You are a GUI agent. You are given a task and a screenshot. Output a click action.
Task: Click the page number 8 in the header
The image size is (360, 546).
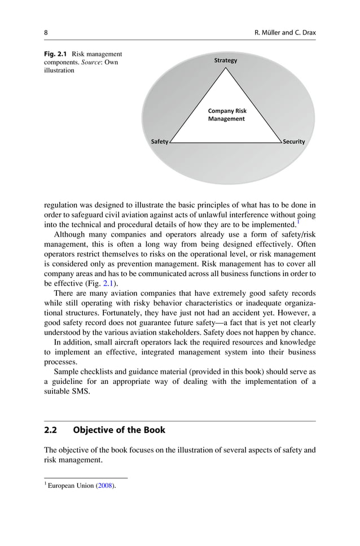pyautogui.click(x=46, y=33)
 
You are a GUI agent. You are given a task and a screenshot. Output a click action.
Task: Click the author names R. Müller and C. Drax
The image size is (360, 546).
pyautogui.click(x=286, y=33)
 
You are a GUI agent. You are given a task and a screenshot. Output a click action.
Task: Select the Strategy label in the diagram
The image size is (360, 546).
pyautogui.click(x=226, y=60)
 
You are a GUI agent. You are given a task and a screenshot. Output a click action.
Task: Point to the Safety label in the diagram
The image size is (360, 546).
pyautogui.click(x=159, y=142)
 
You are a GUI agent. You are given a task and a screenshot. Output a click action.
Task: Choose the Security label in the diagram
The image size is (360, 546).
pyautogui.click(x=294, y=142)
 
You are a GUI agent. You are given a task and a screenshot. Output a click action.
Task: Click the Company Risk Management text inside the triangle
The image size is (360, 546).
pyautogui.click(x=227, y=115)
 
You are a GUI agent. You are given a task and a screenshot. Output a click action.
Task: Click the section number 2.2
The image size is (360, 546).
pyautogui.click(x=52, y=430)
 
